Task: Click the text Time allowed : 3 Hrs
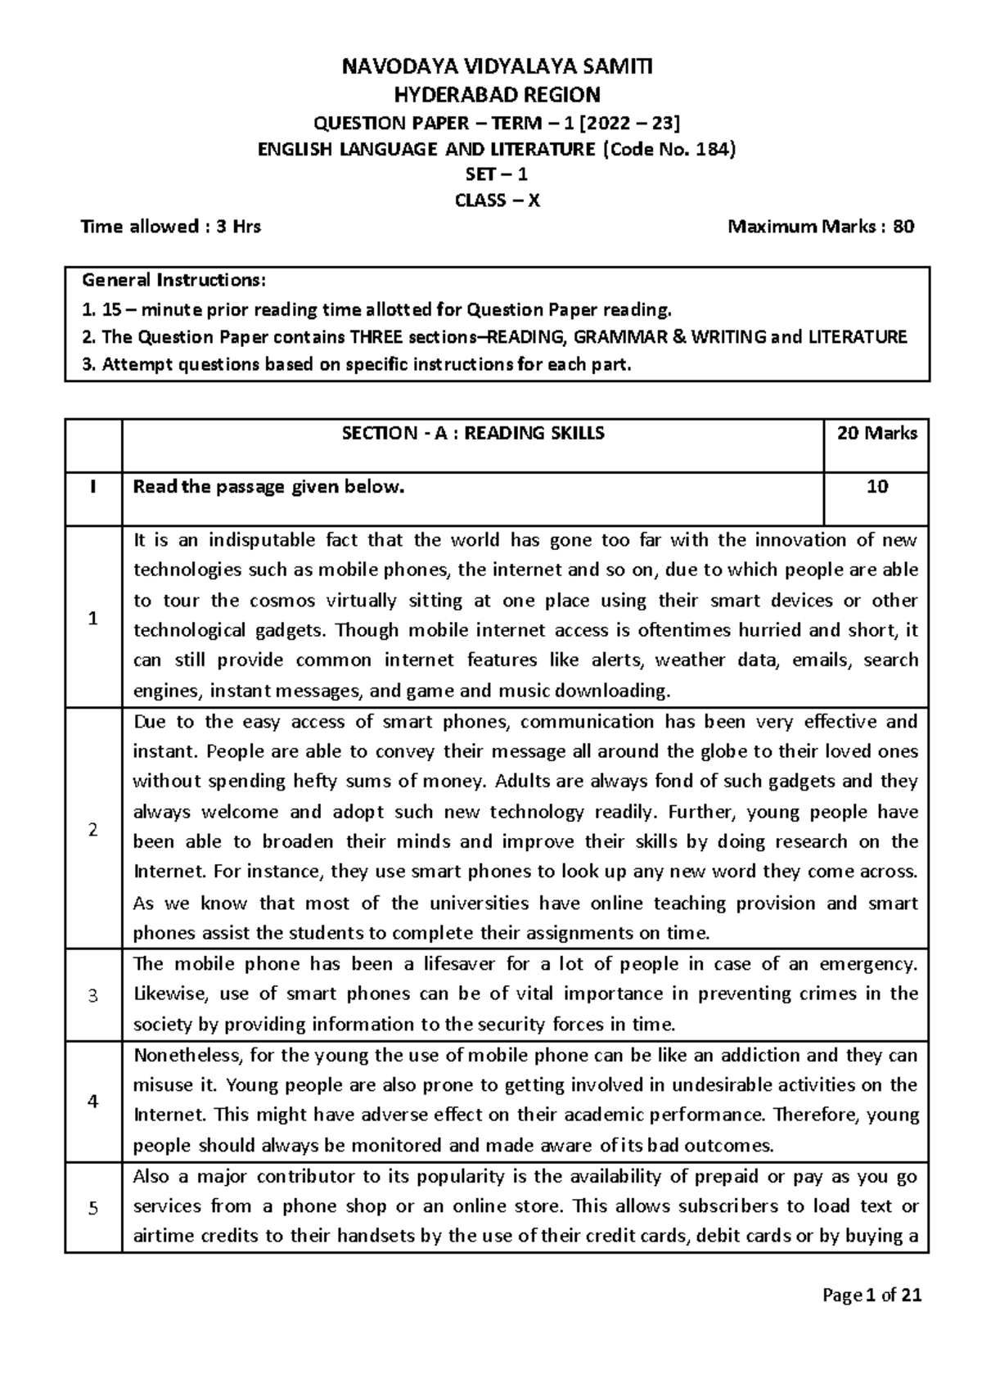pyautogui.click(x=171, y=227)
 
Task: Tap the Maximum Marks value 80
pyautogui.click(x=903, y=227)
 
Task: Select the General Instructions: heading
pyautogui.click(x=173, y=281)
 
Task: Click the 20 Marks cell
pyautogui.click(x=876, y=434)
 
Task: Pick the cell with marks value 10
pyautogui.click(x=877, y=487)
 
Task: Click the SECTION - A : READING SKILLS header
pyautogui.click(x=473, y=434)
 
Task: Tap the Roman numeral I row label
pyautogui.click(x=93, y=487)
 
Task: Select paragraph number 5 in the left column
pyautogui.click(x=93, y=1208)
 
